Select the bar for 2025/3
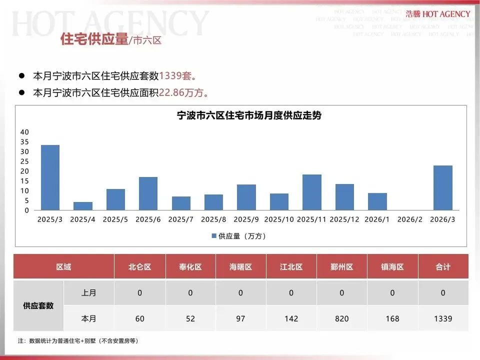(x=50, y=177)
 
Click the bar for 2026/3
(x=442, y=187)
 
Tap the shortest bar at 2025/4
(x=83, y=206)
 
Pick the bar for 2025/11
(x=312, y=192)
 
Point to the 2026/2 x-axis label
(x=410, y=219)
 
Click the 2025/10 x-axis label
(x=279, y=219)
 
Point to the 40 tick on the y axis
(x=24, y=132)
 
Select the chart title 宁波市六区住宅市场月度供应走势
(x=249, y=115)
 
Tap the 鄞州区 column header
(x=342, y=267)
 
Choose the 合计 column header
(x=443, y=267)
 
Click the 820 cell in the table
(x=342, y=318)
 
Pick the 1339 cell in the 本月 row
(x=443, y=318)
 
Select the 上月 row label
(x=88, y=293)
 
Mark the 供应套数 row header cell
(x=38, y=305)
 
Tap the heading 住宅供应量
(x=94, y=39)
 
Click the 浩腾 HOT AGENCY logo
(x=438, y=14)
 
